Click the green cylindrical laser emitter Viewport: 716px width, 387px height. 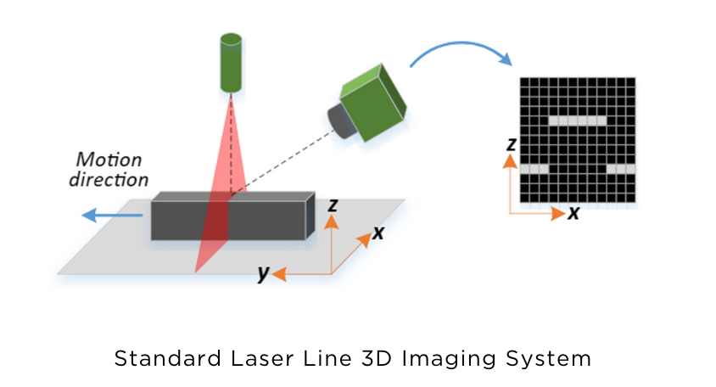[x=231, y=63]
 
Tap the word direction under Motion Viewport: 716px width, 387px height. [x=112, y=179]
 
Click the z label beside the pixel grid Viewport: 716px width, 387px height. [x=511, y=144]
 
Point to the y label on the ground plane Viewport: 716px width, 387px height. [x=264, y=273]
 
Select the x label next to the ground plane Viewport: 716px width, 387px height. [x=378, y=232]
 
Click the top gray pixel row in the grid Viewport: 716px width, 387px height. [x=578, y=121]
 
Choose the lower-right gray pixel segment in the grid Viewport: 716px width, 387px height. [x=621, y=169]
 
